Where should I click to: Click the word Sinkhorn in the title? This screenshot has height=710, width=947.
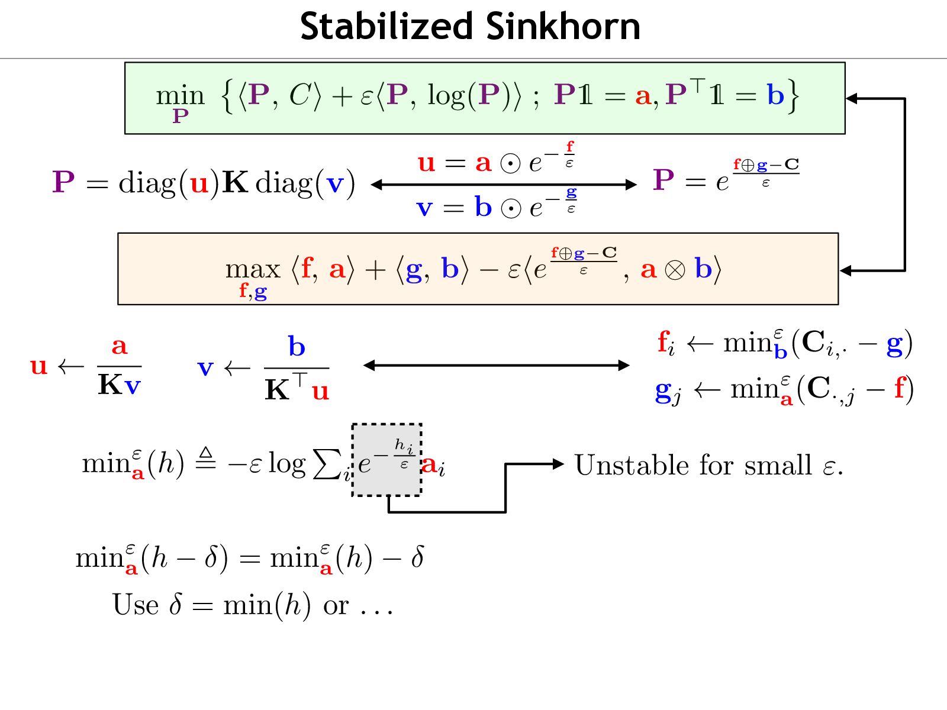[x=563, y=27]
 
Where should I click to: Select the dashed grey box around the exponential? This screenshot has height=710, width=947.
[x=386, y=460]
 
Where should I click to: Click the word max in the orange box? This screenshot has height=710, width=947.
[x=252, y=270]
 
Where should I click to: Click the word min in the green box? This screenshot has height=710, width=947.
[x=180, y=95]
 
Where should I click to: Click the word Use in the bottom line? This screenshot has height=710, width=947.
[x=136, y=605]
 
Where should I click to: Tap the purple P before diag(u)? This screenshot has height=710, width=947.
[x=64, y=182]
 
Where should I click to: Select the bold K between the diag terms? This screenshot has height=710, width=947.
[x=235, y=182]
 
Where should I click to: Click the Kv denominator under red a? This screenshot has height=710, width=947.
[x=119, y=386]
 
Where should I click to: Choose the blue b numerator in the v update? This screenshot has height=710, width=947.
[x=297, y=347]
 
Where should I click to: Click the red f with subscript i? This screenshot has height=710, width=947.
[x=665, y=343]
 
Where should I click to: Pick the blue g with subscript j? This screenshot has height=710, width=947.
[x=667, y=390]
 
